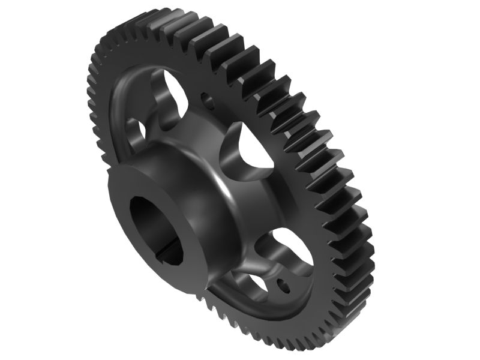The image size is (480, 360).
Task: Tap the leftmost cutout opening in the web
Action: [137, 130]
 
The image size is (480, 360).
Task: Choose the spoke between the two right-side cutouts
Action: [282, 198]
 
